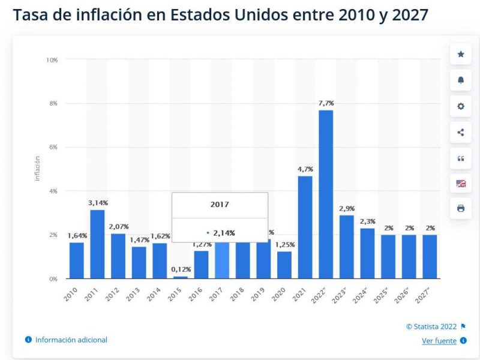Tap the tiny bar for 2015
(180, 277)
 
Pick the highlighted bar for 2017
(222, 260)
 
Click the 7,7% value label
(326, 103)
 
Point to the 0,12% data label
(180, 269)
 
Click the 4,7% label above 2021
(305, 169)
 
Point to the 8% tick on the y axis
(53, 103)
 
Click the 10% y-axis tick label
(52, 59)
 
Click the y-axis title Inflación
(37, 169)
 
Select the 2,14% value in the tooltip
(224, 232)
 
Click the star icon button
(461, 54)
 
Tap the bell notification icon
(461, 80)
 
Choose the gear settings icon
(461, 106)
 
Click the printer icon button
(461, 208)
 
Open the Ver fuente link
(439, 341)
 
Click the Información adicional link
(71, 340)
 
